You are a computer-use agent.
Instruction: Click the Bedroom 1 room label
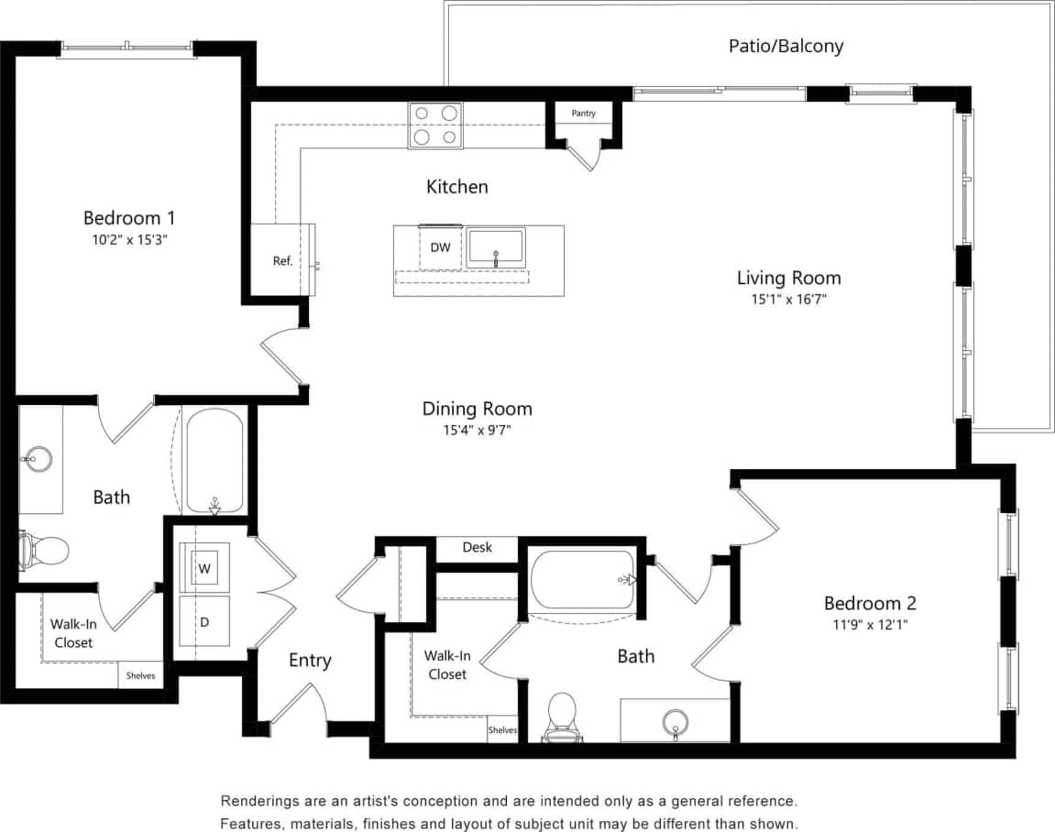(129, 218)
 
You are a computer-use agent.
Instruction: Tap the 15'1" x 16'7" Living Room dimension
(789, 299)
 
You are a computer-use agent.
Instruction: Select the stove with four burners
(435, 126)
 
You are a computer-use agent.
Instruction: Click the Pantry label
(584, 114)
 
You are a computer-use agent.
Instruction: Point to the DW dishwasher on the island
(440, 247)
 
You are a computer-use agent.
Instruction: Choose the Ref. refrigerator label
(282, 261)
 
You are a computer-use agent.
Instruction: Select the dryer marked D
(204, 622)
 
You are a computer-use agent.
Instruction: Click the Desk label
(477, 547)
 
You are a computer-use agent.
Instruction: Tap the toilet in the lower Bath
(561, 715)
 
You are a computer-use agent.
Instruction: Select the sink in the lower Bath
(676, 720)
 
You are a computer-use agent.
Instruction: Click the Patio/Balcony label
(786, 46)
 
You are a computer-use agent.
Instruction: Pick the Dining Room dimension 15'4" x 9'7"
(477, 430)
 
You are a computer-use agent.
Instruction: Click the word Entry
(310, 661)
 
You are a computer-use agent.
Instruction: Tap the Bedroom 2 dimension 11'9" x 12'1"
(870, 625)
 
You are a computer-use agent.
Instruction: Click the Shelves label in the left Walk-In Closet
(139, 676)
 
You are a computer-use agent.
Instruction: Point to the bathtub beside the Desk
(583, 579)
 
